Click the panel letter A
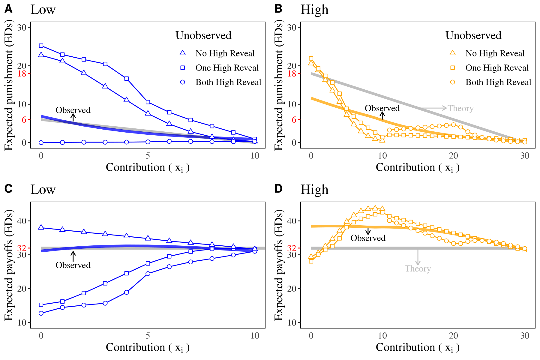(8, 9)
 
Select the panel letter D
(278, 189)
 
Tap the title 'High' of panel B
(314, 10)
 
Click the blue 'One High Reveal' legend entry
(227, 68)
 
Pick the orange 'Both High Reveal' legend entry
(498, 82)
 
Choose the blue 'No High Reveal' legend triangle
(182, 53)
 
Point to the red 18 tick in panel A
(22, 73)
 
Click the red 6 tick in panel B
(294, 120)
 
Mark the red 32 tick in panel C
(22, 248)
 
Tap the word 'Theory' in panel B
(460, 108)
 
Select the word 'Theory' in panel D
(418, 268)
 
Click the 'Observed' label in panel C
(73, 265)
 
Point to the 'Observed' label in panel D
(368, 238)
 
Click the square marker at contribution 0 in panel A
(41, 46)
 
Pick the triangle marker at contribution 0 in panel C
(41, 227)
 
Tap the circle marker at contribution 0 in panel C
(41, 313)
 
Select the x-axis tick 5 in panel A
(148, 156)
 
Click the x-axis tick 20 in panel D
(453, 336)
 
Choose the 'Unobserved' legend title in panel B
(473, 35)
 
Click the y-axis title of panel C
(9, 265)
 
